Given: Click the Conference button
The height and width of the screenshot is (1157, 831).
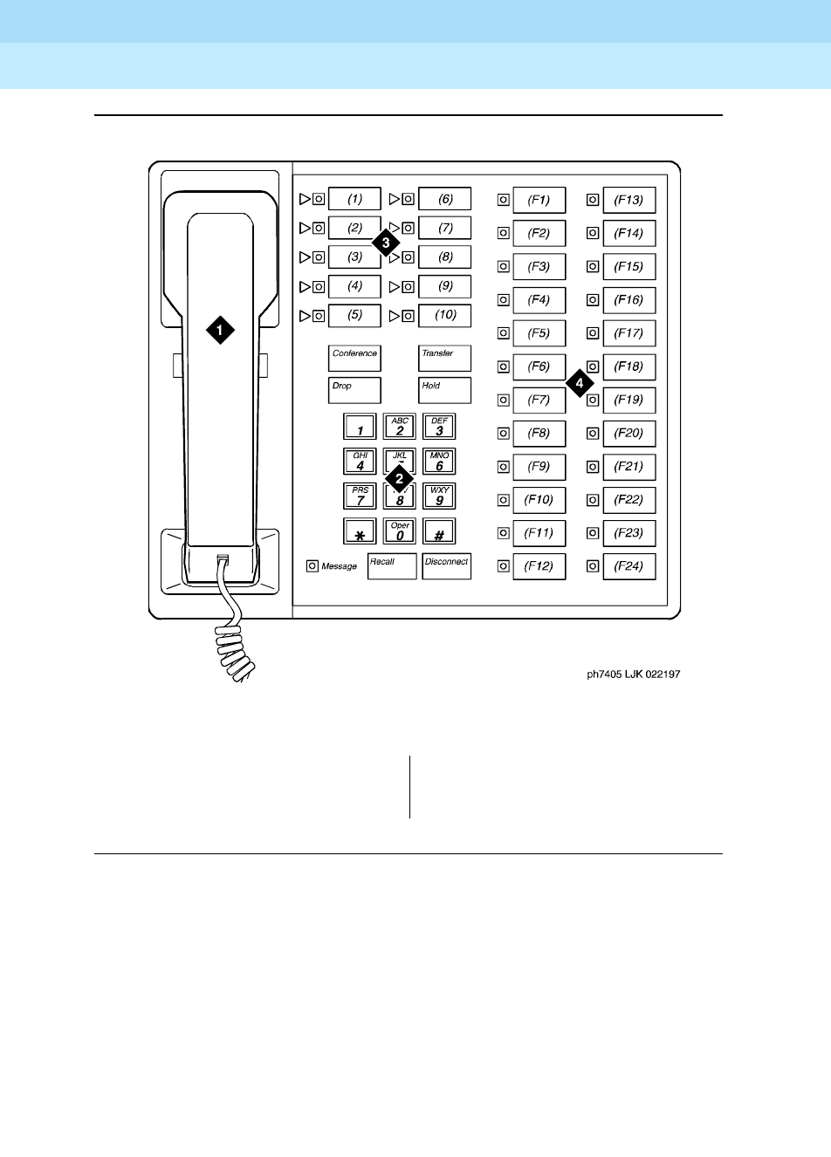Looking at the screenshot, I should [354, 358].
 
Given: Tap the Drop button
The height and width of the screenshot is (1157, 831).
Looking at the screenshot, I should [354, 390].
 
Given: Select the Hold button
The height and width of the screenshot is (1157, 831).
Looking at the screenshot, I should [444, 390].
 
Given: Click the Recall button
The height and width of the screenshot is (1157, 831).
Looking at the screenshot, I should [392, 566].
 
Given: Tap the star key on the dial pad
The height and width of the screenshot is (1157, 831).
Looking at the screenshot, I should [360, 531].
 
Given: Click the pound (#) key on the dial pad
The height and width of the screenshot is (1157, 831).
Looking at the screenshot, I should [439, 531].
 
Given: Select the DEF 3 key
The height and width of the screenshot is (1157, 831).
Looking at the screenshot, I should [439, 427].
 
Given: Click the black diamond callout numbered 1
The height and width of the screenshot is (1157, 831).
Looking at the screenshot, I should [220, 330].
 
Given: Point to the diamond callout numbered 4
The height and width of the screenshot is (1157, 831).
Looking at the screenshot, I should [580, 383].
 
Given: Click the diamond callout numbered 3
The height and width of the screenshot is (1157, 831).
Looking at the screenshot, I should [386, 243].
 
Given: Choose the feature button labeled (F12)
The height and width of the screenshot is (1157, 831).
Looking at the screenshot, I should [539, 566].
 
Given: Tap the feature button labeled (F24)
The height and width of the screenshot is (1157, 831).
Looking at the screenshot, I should [628, 566].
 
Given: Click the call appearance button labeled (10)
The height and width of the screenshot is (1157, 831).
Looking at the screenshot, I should [445, 315].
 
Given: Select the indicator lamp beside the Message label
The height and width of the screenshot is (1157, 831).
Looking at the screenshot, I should [312, 566].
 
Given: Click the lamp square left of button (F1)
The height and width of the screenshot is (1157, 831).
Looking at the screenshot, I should [503, 200].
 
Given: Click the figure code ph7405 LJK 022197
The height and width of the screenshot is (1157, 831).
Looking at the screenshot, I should [633, 674].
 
